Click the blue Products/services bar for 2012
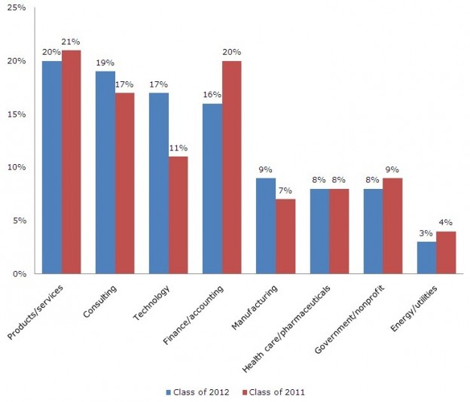(52, 167)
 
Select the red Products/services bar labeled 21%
(71, 162)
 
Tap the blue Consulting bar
(105, 172)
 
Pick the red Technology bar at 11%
(178, 215)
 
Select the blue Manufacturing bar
(266, 226)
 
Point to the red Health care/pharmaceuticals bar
(339, 231)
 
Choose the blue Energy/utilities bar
(426, 257)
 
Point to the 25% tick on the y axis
(17, 8)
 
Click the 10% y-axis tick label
(17, 167)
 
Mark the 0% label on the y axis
(20, 274)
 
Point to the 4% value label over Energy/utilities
(447, 224)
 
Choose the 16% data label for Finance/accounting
(212, 96)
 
